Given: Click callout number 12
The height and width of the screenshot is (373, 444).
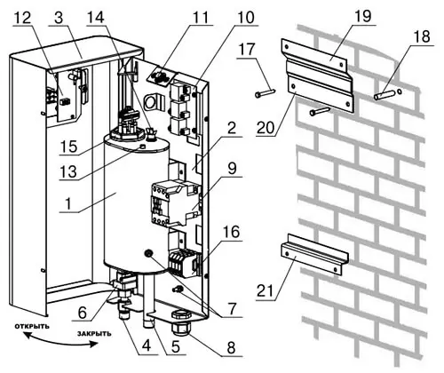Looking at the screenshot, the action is pos(23,18).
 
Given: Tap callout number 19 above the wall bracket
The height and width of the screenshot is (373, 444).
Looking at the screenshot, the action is pos(362,16).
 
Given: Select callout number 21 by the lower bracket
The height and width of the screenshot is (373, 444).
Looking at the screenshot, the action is pos(266,290).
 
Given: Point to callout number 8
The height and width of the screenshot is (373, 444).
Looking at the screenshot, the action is pos(231,347).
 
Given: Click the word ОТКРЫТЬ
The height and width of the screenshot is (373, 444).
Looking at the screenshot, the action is pos(32,327).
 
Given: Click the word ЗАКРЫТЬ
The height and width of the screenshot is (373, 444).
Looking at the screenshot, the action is pos(94,334).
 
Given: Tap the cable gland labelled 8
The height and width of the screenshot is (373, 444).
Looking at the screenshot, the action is pos(181,323).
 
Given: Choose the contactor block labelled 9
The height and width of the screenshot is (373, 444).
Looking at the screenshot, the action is pos(175,202).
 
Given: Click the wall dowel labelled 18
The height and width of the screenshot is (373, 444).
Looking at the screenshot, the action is pos(384,95).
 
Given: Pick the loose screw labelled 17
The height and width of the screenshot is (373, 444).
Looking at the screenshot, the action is pos(265,92).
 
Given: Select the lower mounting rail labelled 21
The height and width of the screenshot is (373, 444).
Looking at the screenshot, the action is pos(314,254).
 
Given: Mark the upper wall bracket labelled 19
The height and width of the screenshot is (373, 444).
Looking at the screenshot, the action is pos(317,75).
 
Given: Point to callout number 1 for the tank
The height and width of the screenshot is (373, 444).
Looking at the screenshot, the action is pos(68,203).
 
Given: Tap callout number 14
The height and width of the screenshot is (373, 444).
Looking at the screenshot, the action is pos(96,18).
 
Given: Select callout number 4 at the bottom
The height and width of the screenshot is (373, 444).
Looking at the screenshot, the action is pos(147,346).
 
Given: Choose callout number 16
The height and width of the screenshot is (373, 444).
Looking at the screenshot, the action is pos(232,233).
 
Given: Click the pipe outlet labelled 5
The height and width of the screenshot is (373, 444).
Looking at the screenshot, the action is pos(148,315).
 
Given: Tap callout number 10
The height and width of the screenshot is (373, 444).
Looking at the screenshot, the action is pos(245,18).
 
